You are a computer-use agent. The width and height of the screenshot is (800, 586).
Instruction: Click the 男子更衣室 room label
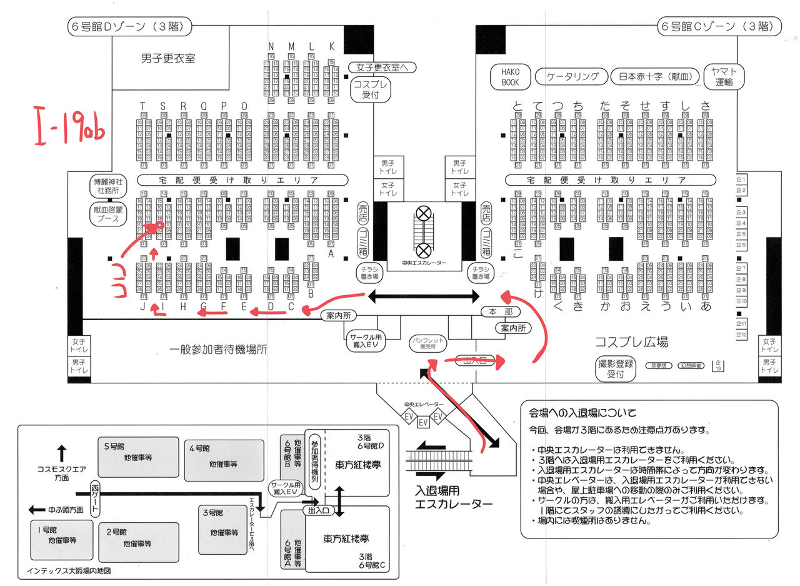tap(167, 58)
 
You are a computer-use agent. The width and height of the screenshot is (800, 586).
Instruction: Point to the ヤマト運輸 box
tap(724, 76)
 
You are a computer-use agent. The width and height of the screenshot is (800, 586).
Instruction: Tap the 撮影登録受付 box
tap(616, 369)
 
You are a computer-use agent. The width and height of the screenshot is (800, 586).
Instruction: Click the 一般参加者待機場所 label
tap(217, 350)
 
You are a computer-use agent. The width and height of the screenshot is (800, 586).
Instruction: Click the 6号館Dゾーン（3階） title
tap(129, 27)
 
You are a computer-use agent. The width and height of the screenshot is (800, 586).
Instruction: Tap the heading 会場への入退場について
tap(582, 413)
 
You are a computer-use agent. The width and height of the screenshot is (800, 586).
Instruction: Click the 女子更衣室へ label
tap(382, 67)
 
